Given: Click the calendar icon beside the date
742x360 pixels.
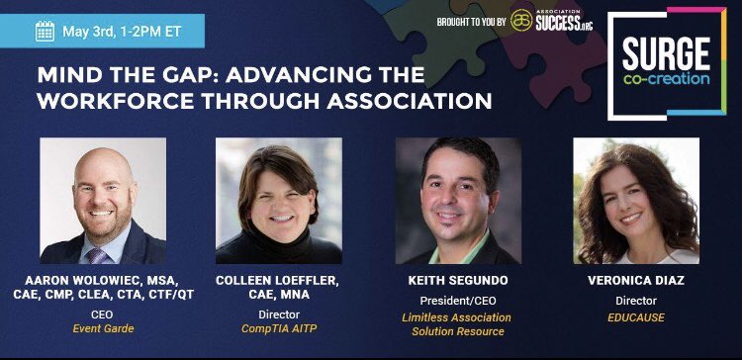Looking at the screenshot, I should point(45,31).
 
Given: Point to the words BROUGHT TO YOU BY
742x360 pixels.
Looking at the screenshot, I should point(472,20).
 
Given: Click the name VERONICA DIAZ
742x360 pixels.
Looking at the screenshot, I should point(636,281).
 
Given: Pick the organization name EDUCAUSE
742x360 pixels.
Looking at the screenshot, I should point(636,317).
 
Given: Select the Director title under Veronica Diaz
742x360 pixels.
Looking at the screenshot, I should point(636,300).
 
